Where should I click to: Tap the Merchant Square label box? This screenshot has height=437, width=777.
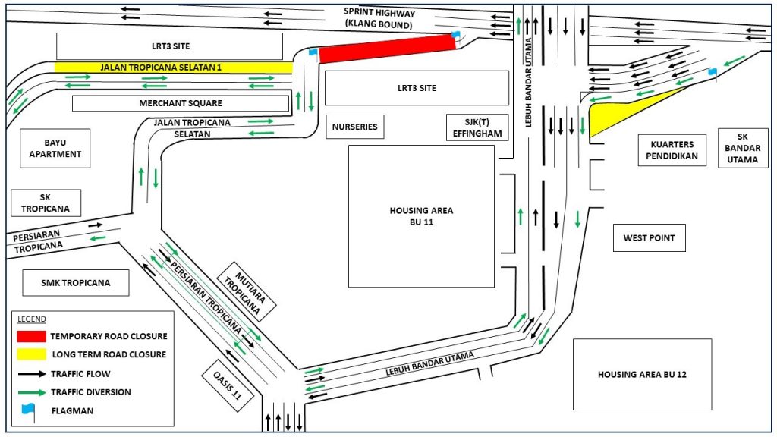click(181, 103)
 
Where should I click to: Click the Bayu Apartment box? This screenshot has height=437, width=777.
click(56, 148)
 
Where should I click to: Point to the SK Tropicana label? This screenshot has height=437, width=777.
click(46, 203)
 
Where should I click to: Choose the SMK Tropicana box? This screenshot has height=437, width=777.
click(76, 283)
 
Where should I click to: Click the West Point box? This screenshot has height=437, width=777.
click(649, 238)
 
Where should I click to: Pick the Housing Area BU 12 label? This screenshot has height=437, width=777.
click(642, 374)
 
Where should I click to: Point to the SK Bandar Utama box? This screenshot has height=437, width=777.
click(743, 148)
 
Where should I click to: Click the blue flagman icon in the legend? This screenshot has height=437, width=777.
click(28, 410)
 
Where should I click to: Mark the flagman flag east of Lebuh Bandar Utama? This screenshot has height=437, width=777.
click(713, 71)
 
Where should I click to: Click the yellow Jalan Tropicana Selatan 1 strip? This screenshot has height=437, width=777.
click(173, 68)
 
